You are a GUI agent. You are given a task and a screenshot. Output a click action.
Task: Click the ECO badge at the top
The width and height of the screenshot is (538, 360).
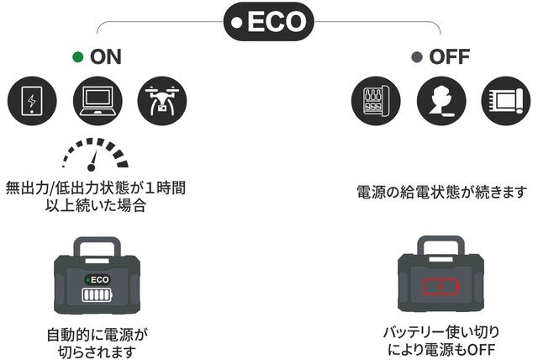click(269, 22)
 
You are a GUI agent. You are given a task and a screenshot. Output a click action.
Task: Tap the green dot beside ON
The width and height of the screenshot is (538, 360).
click(78, 57)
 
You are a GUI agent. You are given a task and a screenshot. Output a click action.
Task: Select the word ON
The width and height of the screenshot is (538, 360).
click(106, 57)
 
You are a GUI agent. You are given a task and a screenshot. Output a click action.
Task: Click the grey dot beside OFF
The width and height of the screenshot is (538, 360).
click(415, 57)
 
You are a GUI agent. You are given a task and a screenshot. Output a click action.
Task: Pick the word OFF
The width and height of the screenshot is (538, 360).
click(449, 57)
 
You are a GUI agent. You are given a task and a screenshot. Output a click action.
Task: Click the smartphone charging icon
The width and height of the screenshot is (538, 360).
click(32, 100)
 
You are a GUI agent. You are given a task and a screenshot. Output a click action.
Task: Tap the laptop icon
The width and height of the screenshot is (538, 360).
click(98, 100)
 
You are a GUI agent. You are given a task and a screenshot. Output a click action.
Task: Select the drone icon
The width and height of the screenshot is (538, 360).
click(163, 100)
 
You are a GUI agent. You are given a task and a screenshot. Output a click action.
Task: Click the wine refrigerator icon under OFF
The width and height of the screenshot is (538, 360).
click(375, 100)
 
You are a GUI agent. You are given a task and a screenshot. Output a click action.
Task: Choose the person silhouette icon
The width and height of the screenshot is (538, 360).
click(440, 100)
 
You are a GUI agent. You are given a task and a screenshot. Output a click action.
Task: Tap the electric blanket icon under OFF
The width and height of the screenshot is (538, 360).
click(506, 100)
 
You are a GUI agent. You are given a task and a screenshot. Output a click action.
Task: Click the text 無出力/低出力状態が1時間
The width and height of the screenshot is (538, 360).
click(96, 187)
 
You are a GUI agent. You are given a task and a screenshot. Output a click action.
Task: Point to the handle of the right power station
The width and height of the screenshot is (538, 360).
click(440, 248)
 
